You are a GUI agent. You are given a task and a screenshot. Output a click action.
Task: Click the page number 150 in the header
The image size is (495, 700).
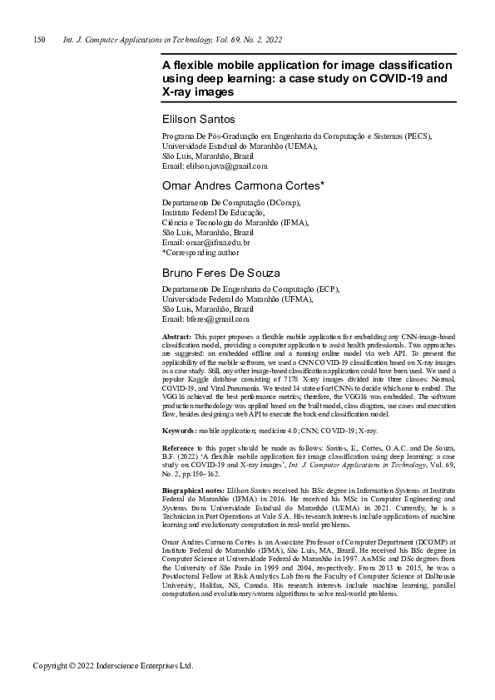(38, 40)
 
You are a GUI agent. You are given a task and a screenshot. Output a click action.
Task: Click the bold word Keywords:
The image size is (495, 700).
(180, 431)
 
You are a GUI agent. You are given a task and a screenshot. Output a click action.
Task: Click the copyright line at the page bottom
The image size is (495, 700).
(112, 667)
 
